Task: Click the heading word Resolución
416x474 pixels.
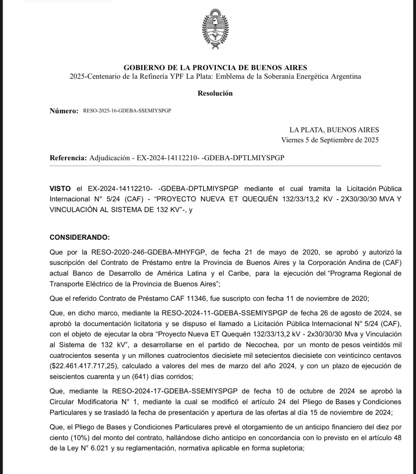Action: click(x=215, y=93)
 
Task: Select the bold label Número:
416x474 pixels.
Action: click(x=64, y=111)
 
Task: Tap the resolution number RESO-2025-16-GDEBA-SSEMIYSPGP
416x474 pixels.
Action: click(x=127, y=111)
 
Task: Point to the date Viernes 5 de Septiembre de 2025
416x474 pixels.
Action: click(x=330, y=140)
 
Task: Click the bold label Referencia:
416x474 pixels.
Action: click(x=68, y=158)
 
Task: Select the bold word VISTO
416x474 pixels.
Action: click(x=60, y=189)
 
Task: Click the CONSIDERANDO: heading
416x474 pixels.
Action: click(x=80, y=238)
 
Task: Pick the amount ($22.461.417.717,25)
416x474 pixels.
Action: click(x=83, y=366)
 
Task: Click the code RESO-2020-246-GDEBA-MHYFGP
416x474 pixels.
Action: click(x=148, y=252)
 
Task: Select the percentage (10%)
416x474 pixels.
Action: click(x=80, y=438)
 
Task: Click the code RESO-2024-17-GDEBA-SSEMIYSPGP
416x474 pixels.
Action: click(x=175, y=391)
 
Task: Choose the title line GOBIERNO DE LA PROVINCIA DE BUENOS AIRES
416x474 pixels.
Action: click(x=215, y=68)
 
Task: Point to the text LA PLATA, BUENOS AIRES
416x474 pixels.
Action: click(x=334, y=130)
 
